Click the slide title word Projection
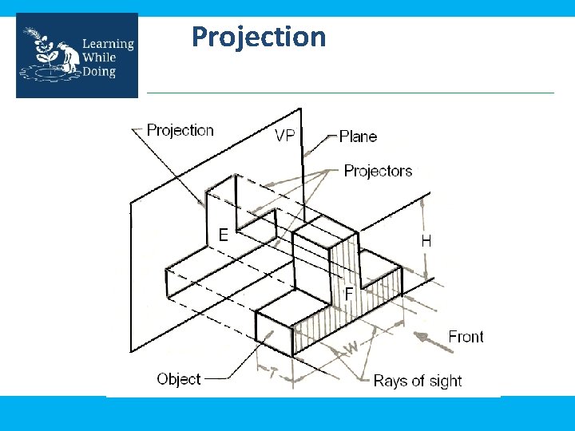click(x=259, y=37)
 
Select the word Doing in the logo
click(x=99, y=72)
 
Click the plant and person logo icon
click(x=50, y=56)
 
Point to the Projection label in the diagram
click(x=180, y=130)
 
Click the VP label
click(x=285, y=136)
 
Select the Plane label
click(x=358, y=136)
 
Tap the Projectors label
click(x=378, y=171)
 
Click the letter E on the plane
click(x=224, y=235)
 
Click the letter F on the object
click(x=348, y=294)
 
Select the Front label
click(x=466, y=337)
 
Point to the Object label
click(x=179, y=378)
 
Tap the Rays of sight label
click(x=417, y=381)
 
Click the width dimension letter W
click(x=350, y=349)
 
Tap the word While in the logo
click(x=99, y=57)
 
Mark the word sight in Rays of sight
click(x=444, y=381)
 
